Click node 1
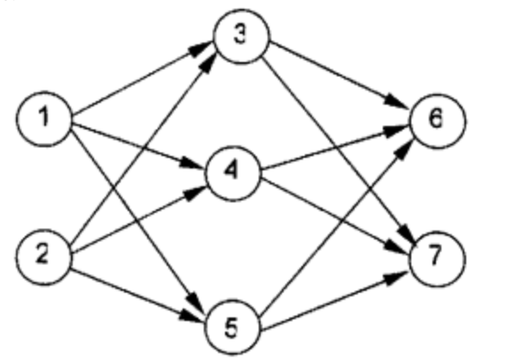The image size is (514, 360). [44, 119]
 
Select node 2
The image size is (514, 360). [43, 257]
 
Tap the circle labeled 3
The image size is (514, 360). [242, 36]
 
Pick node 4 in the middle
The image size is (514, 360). [233, 173]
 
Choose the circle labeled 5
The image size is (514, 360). [233, 327]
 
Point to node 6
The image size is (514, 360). [437, 121]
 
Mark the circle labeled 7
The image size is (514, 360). [437, 259]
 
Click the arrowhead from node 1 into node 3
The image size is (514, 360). [201, 49]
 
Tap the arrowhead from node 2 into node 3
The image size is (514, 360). [208, 62]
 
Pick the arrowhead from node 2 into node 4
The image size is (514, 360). [195, 192]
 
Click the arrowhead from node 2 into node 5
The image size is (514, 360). [191, 316]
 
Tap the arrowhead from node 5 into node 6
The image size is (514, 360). [405, 149]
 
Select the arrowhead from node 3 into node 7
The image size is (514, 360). [407, 233]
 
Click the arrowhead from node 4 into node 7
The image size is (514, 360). [396, 246]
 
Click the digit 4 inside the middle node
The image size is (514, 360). [231, 171]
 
